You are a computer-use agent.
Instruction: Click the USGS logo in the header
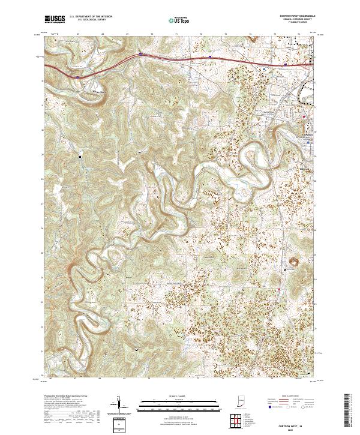coord(55,20)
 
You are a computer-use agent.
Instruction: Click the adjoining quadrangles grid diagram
coord(236,421)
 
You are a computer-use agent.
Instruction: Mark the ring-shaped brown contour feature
coord(295,260)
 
